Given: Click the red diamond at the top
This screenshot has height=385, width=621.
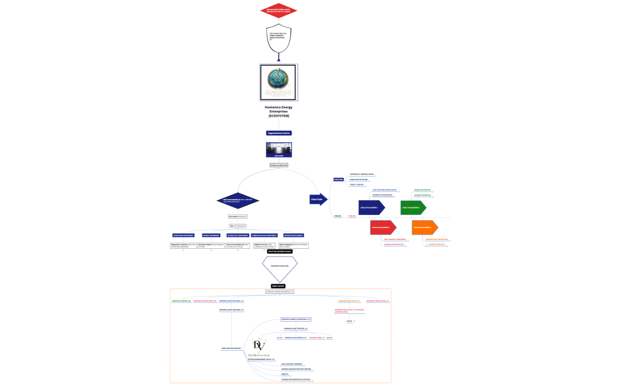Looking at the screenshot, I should click(279, 11).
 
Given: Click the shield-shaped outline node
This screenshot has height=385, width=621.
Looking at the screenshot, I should click(279, 38).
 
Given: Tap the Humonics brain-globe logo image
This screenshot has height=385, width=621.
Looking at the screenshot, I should click(279, 82).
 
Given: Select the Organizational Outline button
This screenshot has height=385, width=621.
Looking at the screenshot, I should click(279, 133).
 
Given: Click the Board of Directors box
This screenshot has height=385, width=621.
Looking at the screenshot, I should click(279, 165).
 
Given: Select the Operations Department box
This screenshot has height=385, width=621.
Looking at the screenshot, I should click(183, 235).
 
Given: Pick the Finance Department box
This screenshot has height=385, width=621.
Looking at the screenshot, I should click(211, 235).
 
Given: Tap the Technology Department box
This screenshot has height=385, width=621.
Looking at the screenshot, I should click(238, 235).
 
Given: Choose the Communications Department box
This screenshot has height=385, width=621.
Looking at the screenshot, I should click(265, 235).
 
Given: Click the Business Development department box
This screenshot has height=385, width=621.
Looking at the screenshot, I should click(293, 235).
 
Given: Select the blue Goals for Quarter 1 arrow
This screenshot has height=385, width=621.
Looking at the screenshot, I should click(371, 207).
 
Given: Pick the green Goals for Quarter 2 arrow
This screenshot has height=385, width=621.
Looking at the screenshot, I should click(413, 207).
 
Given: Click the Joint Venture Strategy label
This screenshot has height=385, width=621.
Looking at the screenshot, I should click(231, 348).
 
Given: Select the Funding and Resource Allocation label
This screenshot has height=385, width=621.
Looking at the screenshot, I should click(296, 379).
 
